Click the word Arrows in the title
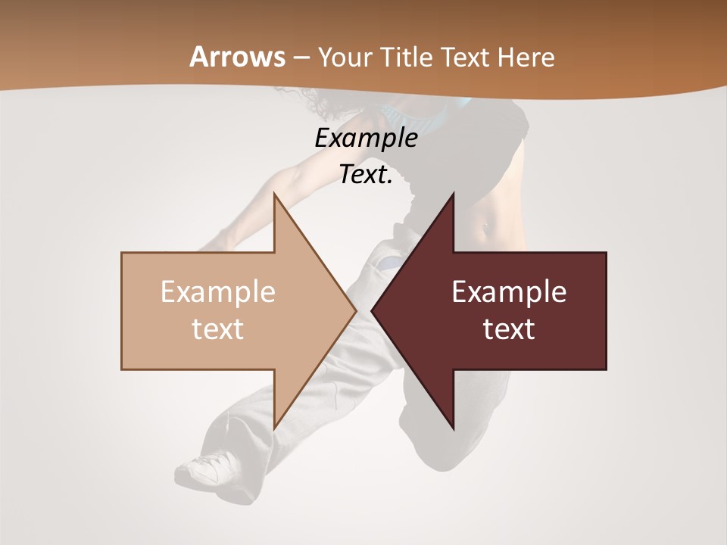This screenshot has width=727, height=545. click(x=237, y=57)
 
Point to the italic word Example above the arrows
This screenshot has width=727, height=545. click(x=366, y=138)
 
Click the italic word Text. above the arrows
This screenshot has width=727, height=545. click(x=366, y=175)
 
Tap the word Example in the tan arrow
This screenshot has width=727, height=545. click(x=218, y=291)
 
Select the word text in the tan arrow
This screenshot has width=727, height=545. click(x=218, y=329)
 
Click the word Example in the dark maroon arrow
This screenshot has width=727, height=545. click(x=509, y=291)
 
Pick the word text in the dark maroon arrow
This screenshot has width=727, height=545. click(x=509, y=329)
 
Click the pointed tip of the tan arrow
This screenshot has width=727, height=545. click(x=355, y=310)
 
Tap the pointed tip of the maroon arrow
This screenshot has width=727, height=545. click(x=373, y=310)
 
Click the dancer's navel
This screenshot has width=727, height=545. click(x=486, y=225)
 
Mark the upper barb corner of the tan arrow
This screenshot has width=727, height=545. click(x=274, y=195)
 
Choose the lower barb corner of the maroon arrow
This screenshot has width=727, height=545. click(x=454, y=429)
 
